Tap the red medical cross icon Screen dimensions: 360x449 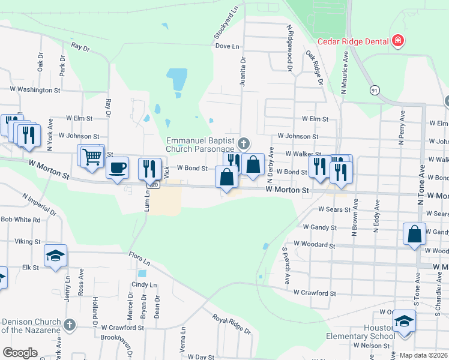click(x=397, y=41)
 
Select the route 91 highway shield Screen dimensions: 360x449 click(x=375, y=90)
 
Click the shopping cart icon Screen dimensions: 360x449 click(x=92, y=157)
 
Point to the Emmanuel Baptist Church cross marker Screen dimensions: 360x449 click(x=243, y=143)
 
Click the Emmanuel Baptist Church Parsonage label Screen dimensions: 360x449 click(x=200, y=145)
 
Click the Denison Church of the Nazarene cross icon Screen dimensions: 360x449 click(x=70, y=325)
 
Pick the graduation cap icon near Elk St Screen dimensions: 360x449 click(x=56, y=256)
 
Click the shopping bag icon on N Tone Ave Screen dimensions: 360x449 click(x=415, y=234)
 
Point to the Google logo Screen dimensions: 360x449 click(x=20, y=353)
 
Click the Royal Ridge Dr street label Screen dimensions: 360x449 click(x=231, y=323)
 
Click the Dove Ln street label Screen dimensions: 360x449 click(x=227, y=46)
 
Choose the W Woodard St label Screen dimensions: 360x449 click(x=314, y=245)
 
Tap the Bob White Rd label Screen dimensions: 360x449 click(x=20, y=220)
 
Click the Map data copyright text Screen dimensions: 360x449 click(x=423, y=355)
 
